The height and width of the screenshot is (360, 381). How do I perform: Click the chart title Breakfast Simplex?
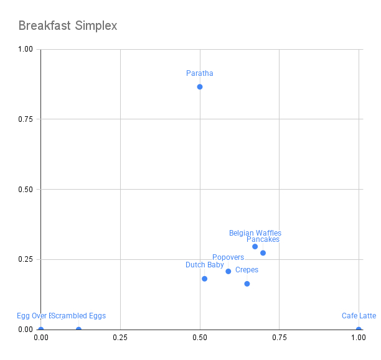point(68,26)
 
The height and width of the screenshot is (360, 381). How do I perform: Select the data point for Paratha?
point(200,86)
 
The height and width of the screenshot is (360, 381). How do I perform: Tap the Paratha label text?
point(200,73)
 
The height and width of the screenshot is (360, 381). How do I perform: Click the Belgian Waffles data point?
point(255,246)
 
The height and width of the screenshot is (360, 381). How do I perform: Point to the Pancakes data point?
point(263,252)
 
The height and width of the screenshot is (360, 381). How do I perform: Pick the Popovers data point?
point(228,271)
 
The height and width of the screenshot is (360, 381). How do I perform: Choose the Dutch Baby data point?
point(204,279)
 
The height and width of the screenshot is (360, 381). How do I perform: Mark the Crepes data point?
point(247,284)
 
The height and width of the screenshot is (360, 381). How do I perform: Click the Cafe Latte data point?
point(359,330)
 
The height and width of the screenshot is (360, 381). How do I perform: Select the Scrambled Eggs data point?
point(78,330)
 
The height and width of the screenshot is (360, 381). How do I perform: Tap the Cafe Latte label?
point(359,316)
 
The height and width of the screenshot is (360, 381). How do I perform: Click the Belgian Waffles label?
point(255,233)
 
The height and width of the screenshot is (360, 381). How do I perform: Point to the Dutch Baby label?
point(205,265)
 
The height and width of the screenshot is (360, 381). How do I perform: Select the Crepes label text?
point(247,270)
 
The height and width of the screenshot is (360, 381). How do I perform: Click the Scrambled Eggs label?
point(79,316)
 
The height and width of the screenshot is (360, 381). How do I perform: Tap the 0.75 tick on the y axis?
point(25,119)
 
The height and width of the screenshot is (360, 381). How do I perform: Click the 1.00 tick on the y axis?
point(25,49)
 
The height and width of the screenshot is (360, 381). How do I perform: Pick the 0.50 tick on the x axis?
point(200,337)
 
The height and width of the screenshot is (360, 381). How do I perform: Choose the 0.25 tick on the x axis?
point(120,337)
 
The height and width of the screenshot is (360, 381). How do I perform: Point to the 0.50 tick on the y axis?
point(25,189)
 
